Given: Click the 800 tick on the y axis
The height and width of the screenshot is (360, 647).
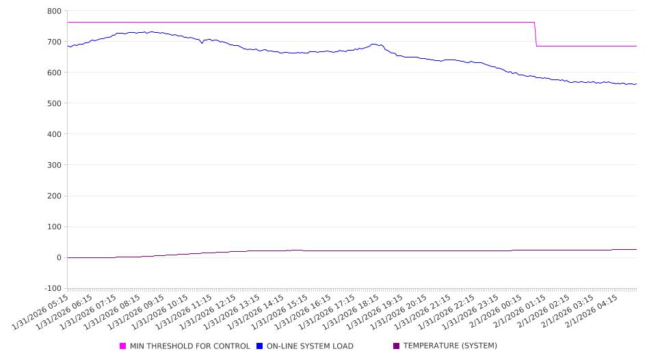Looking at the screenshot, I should [x=54, y=11].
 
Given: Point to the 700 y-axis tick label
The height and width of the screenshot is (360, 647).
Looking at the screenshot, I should [x=54, y=42].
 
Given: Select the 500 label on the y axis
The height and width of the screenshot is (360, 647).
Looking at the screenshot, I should [x=54, y=103].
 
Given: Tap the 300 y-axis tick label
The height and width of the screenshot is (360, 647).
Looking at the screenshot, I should [x=54, y=165].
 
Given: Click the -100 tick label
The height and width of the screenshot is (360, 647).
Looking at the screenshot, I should [x=52, y=288].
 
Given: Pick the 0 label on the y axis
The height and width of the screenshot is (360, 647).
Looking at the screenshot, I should [x=59, y=257].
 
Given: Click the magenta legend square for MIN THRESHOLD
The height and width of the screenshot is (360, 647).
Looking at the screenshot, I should [x=123, y=346].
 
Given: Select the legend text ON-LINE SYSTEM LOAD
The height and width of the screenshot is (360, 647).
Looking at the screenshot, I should [x=310, y=346].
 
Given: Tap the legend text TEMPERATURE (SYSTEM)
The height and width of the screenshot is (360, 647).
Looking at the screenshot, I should [x=450, y=346].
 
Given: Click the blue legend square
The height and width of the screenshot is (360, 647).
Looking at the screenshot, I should [x=259, y=346].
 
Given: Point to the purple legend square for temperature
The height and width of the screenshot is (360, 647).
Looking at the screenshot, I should [x=396, y=346].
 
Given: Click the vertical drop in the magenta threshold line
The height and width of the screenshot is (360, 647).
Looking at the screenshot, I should [x=536, y=34].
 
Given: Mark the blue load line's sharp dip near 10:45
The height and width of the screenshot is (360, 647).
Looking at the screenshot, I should [x=202, y=43].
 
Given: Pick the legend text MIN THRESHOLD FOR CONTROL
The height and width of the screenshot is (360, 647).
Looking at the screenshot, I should [x=189, y=346].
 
